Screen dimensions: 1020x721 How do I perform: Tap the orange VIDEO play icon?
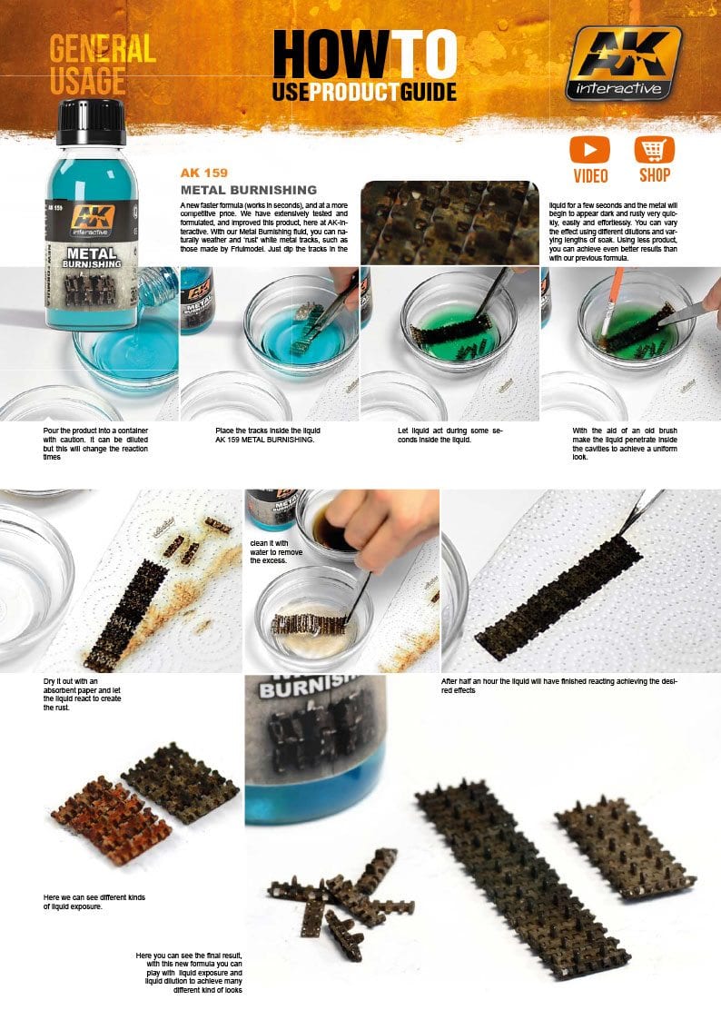point(589,150)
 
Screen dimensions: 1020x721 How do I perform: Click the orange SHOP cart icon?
point(654,150)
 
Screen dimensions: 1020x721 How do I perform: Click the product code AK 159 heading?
point(203,173)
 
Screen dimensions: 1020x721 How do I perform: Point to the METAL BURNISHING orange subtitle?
point(248,190)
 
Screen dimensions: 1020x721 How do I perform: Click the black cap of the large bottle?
point(91,122)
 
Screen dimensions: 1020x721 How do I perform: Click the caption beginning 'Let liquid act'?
point(449,434)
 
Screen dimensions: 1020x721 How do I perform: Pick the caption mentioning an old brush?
point(625,442)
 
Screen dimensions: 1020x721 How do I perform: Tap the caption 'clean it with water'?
point(275,552)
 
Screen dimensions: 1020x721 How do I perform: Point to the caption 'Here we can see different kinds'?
point(87,899)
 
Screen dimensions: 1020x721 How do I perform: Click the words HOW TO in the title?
point(364,55)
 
